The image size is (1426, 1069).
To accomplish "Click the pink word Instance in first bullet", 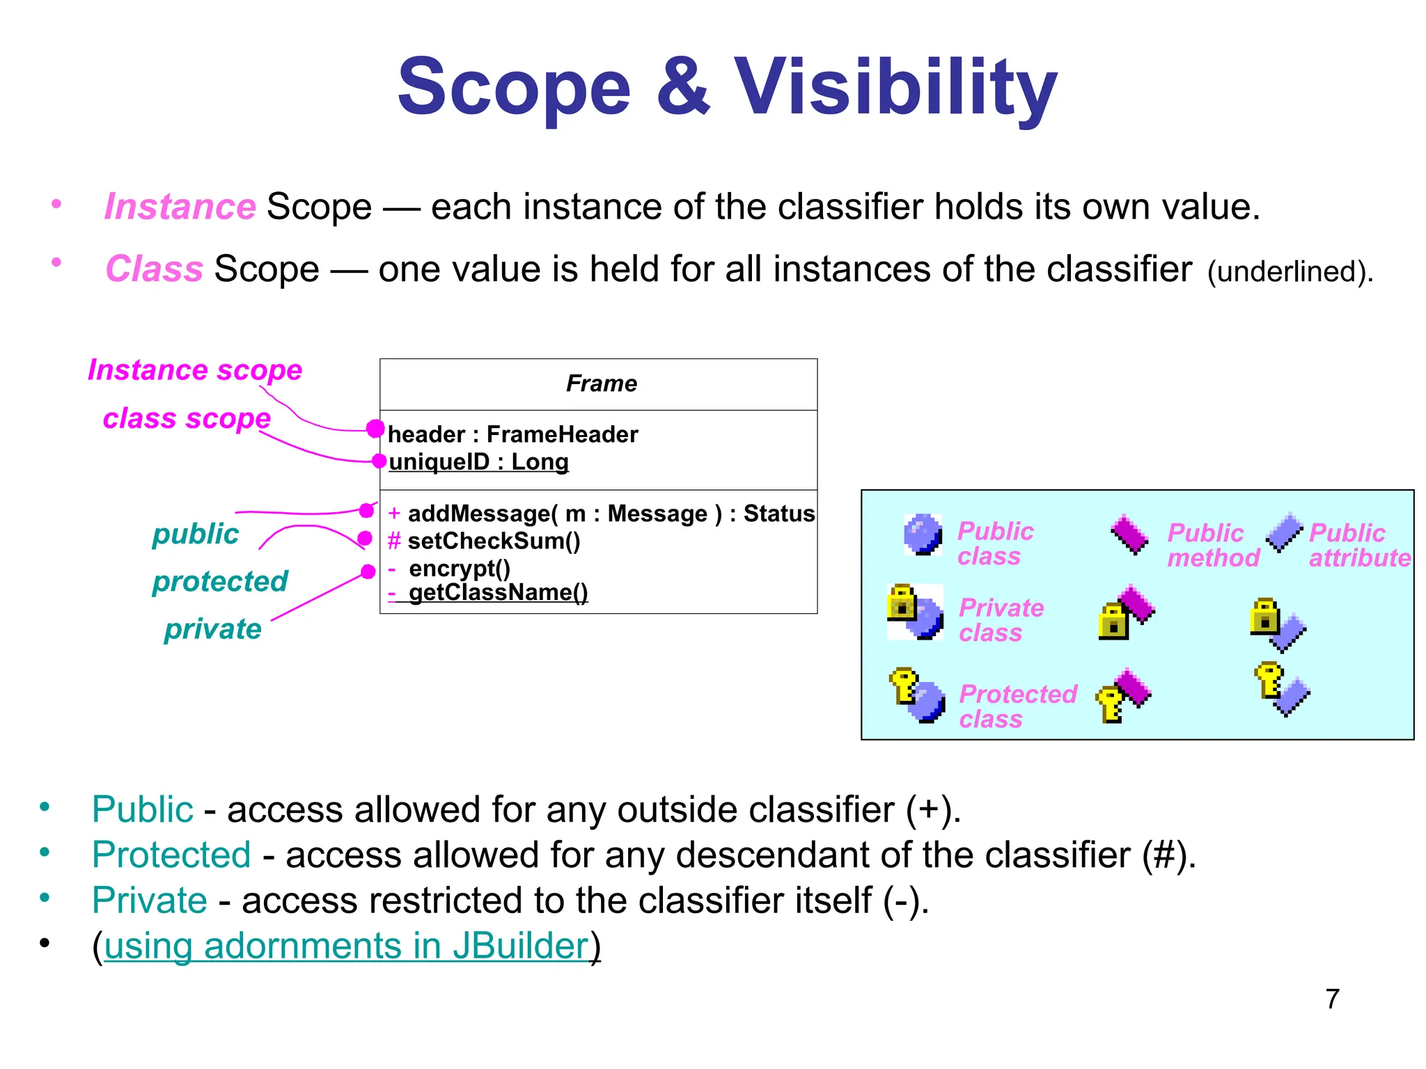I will pos(180,207).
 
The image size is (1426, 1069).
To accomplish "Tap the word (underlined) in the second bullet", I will pos(1290,271).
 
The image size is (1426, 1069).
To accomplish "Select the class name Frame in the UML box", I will pos(601,383).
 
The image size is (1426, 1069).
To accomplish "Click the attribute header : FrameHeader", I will pos(512,434).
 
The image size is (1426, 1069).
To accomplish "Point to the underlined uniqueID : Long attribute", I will pos(478,461).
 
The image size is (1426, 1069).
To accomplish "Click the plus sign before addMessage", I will pos(394,514).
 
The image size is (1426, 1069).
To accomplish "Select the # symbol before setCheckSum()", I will pos(394,541).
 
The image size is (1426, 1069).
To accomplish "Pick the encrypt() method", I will pos(460,568).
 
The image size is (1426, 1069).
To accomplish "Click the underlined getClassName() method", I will pos(498,592).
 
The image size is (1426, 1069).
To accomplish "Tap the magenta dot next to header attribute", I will pos(375,429).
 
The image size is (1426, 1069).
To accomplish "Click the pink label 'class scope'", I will pos(187,418).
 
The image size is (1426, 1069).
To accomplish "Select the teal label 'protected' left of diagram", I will pos(220,581).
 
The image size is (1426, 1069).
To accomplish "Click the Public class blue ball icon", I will pos(923,534).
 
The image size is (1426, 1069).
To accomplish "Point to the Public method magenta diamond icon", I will pos(1129,534).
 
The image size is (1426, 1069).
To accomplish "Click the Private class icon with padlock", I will pos(915,612).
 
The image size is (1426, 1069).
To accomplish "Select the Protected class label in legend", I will pos(1017,706).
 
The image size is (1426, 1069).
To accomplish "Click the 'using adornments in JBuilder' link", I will pos(346,946).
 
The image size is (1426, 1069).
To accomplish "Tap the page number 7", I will pos(1332,999).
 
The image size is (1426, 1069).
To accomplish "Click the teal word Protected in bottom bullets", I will pos(171,855).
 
